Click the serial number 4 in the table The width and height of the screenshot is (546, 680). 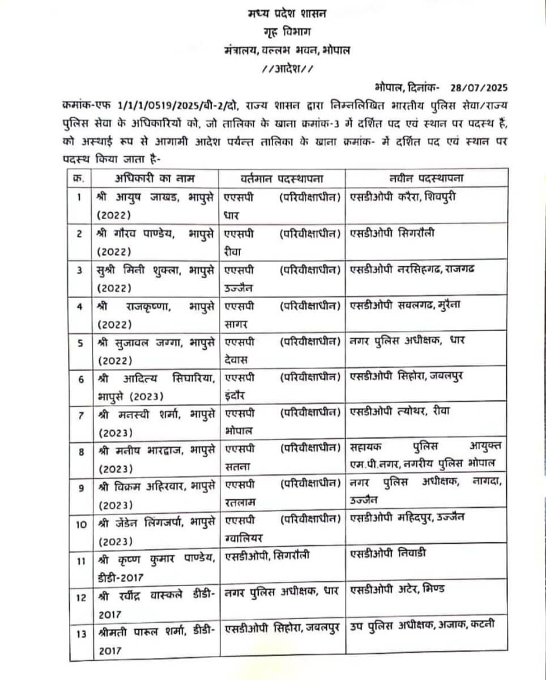(80, 307)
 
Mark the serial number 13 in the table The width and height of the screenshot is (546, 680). (81, 634)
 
